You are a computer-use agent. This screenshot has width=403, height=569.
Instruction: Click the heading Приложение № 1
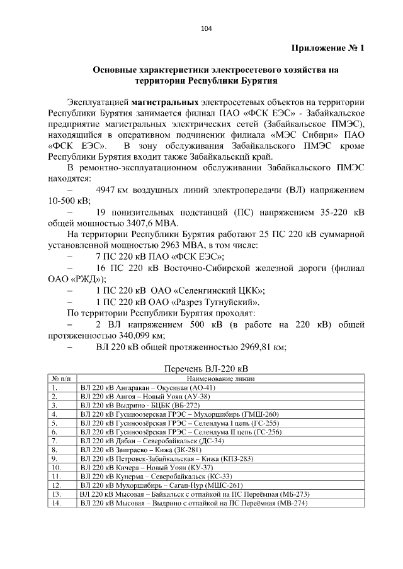click(x=327, y=49)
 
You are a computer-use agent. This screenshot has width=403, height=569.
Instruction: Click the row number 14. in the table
click(x=56, y=504)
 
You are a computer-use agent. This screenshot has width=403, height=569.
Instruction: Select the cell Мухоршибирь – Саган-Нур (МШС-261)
click(x=161, y=486)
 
